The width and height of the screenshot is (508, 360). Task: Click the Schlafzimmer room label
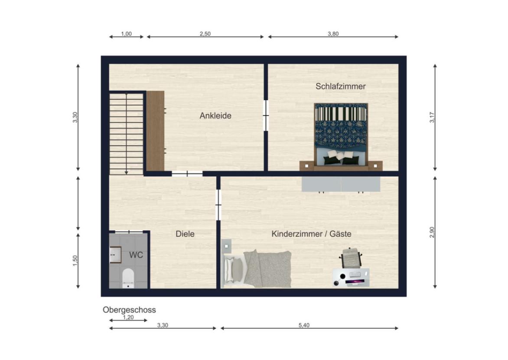(x=340, y=86)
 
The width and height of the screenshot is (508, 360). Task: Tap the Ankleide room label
(x=215, y=116)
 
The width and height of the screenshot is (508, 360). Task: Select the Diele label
(x=185, y=234)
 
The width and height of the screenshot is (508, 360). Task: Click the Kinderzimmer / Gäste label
(x=311, y=234)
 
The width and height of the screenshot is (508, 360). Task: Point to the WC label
(x=136, y=255)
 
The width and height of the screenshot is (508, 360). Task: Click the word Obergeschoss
(x=129, y=310)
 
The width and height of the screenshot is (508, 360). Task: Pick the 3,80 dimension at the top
(x=333, y=34)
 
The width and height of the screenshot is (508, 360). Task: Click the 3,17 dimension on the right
(x=431, y=118)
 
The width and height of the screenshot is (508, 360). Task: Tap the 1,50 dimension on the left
(x=75, y=260)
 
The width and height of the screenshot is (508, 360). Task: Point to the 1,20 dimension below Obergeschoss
(x=128, y=317)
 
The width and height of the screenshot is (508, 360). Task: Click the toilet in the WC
(x=128, y=278)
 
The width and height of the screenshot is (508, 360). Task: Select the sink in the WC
(x=115, y=255)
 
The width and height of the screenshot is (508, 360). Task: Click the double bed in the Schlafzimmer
(x=341, y=134)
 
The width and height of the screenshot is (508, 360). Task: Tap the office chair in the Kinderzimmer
(x=351, y=258)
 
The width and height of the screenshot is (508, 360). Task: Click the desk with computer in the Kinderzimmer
(x=351, y=278)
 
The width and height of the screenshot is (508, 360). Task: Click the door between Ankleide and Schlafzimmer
(x=266, y=115)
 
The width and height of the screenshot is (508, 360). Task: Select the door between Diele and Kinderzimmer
(x=218, y=204)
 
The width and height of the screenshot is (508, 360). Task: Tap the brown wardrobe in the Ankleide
(x=155, y=131)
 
